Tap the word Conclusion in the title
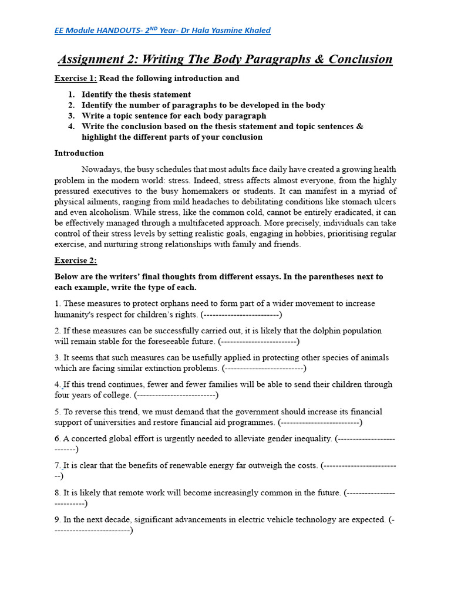click(361, 59)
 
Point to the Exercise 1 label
click(76, 78)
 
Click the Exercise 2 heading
click(76, 261)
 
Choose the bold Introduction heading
click(79, 153)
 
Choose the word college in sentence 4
click(114, 395)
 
